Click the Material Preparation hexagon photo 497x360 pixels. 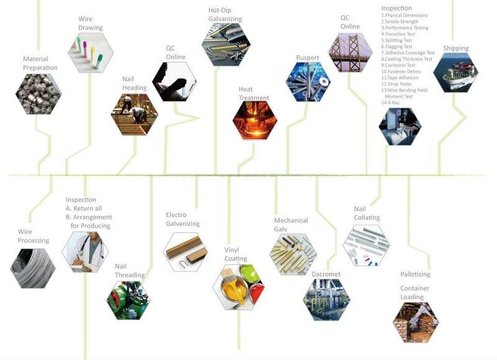click(x=38, y=94)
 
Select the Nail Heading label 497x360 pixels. click(x=134, y=83)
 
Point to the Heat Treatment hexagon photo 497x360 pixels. click(x=254, y=120)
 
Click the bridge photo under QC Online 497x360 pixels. click(x=350, y=54)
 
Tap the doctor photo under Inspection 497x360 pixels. click(x=85, y=252)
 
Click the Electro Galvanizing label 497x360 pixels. click(x=182, y=219)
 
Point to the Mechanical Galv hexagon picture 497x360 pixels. click(x=293, y=254)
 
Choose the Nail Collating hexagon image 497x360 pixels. click(x=366, y=245)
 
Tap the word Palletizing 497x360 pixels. click(x=416, y=274)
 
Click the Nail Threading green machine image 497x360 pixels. click(x=129, y=301)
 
